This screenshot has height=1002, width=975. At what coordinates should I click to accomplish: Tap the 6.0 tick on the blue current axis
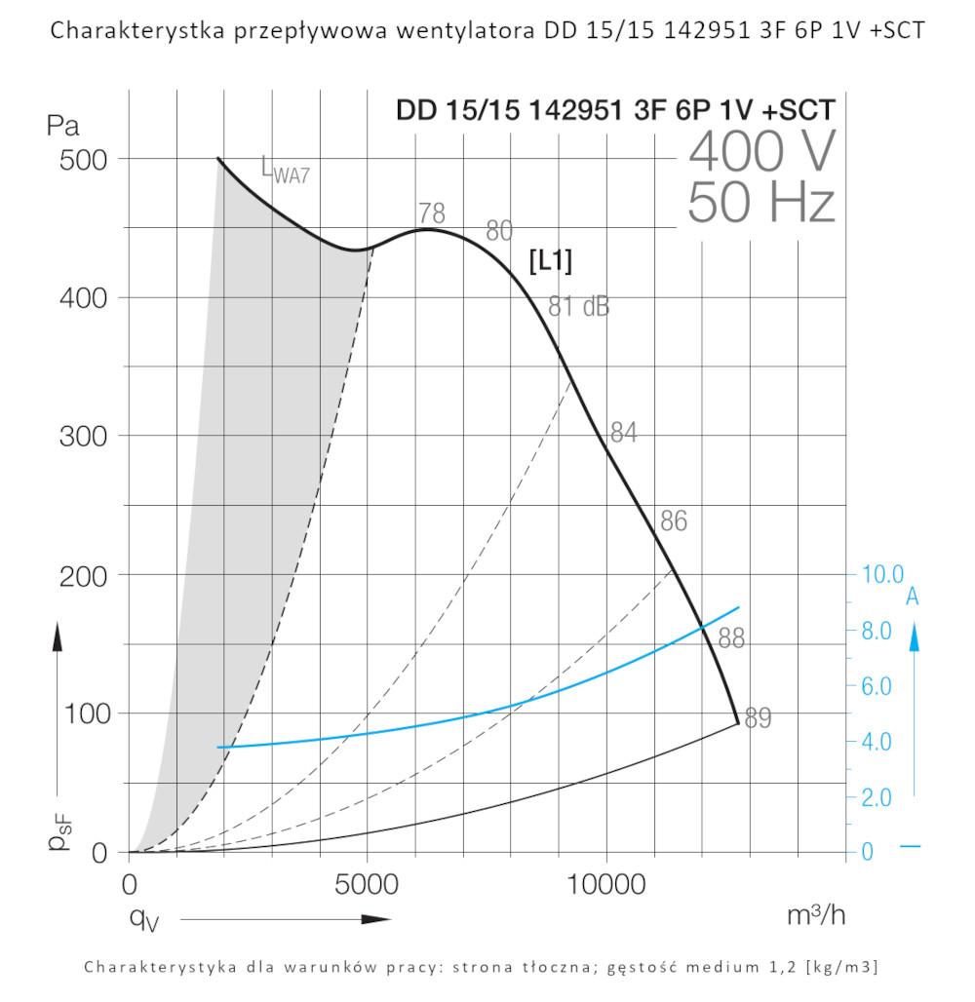[883, 686]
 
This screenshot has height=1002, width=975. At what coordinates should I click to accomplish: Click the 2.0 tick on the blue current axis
[883, 797]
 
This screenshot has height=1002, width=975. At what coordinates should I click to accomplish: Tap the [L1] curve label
[549, 261]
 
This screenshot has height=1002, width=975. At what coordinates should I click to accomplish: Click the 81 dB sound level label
[578, 306]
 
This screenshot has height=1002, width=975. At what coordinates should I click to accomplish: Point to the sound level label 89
[758, 719]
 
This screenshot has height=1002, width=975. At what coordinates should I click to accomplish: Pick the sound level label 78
[432, 213]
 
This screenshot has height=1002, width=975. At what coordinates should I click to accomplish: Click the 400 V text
[761, 152]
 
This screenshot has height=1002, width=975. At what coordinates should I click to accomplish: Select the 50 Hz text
[761, 204]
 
